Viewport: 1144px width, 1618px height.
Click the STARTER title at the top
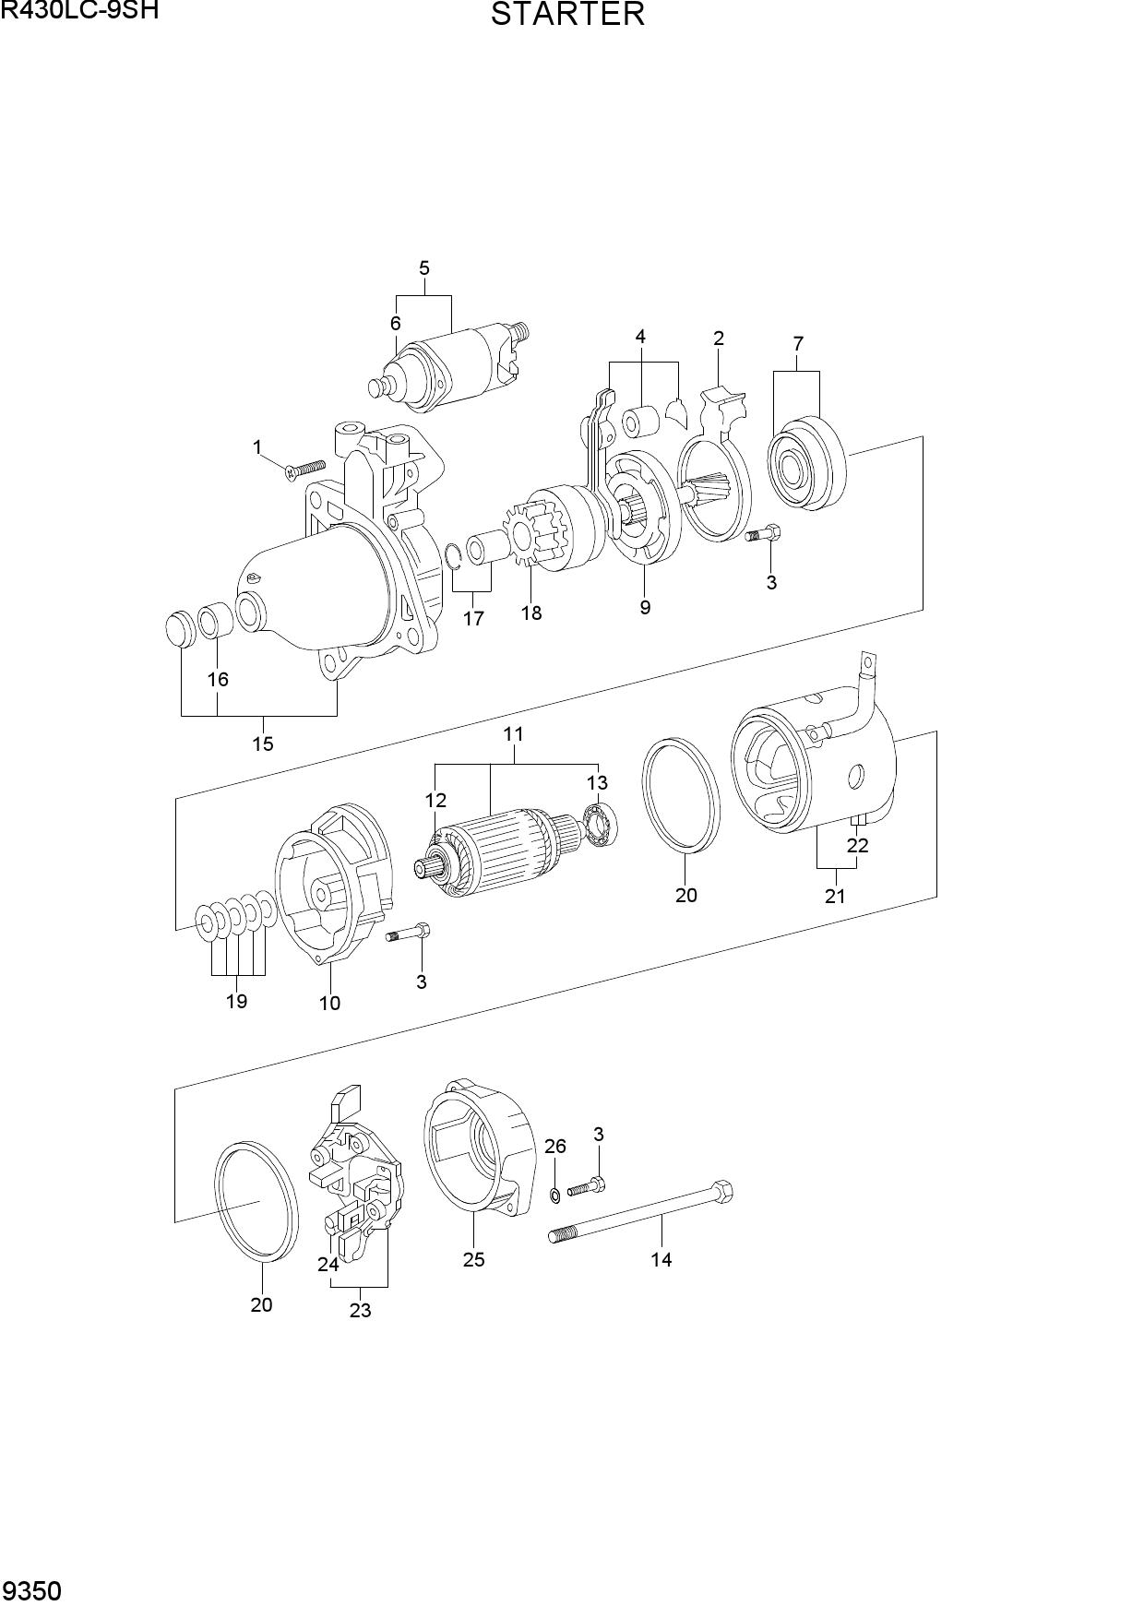click(x=567, y=15)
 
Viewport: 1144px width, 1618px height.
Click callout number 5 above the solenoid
click(x=424, y=268)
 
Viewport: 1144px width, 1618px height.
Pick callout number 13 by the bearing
click(x=597, y=783)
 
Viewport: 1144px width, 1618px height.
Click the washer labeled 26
click(x=554, y=1196)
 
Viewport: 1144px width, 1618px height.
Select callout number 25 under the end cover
click(x=473, y=1259)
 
